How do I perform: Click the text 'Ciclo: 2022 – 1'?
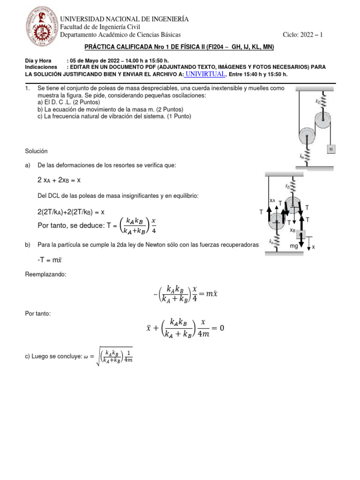click(303, 35)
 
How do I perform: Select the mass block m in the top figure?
click(331, 149)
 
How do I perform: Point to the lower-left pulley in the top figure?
click(307, 136)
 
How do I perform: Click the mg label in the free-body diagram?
click(294, 244)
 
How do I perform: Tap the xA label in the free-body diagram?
click(273, 200)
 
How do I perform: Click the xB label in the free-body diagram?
click(292, 230)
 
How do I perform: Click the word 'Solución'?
click(36, 151)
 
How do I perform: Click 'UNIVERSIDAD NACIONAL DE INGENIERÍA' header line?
click(125, 19)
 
